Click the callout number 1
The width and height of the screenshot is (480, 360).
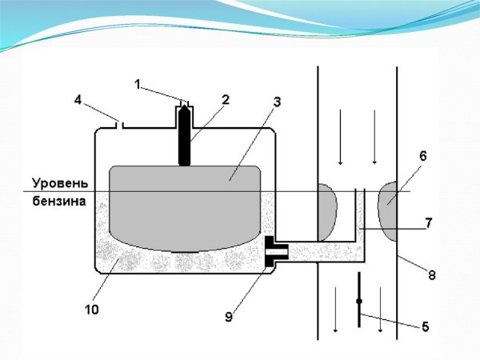pyautogui.click(x=138, y=85)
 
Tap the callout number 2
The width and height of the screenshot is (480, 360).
pyautogui.click(x=226, y=99)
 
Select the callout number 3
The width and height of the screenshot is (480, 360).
pyautogui.click(x=277, y=102)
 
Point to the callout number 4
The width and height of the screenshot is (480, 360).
pyautogui.click(x=78, y=100)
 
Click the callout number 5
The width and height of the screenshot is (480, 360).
pyautogui.click(x=426, y=327)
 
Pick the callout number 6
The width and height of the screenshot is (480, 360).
pyautogui.click(x=422, y=157)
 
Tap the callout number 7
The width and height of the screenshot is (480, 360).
pyautogui.click(x=428, y=223)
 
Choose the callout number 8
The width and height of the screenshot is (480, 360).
pyautogui.click(x=432, y=275)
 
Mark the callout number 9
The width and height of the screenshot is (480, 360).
pyautogui.click(x=229, y=317)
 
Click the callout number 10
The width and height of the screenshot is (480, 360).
pyautogui.click(x=92, y=310)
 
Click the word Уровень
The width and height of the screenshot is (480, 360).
pyautogui.click(x=60, y=183)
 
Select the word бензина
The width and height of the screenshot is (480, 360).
pyautogui.click(x=59, y=202)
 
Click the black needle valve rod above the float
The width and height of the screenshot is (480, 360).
pyautogui.click(x=184, y=134)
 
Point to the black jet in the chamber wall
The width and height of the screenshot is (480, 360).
pyautogui.click(x=276, y=251)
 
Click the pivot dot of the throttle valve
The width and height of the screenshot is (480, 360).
pyautogui.click(x=359, y=302)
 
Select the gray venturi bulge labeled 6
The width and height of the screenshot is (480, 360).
pyautogui.click(x=387, y=210)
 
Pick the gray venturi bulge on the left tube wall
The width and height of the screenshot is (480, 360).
pyautogui.click(x=327, y=212)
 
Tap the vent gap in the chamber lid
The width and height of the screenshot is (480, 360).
pyautogui.click(x=119, y=126)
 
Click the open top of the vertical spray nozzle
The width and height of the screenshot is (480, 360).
pyautogui.click(x=360, y=190)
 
